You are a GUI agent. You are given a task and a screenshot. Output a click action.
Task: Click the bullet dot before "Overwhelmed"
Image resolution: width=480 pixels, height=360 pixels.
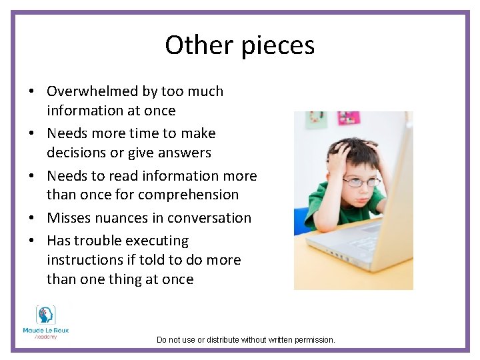32,92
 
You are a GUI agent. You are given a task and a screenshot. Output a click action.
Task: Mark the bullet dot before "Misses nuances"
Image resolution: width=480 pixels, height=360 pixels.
32,219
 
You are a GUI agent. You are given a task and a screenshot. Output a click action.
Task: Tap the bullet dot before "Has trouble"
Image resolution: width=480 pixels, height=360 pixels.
32,241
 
